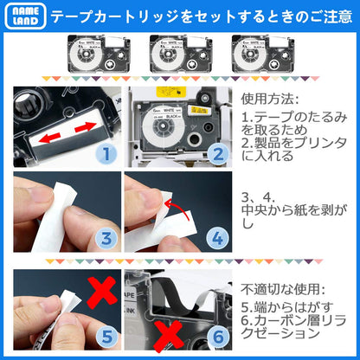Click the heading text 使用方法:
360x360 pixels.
click(x=270, y=100)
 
